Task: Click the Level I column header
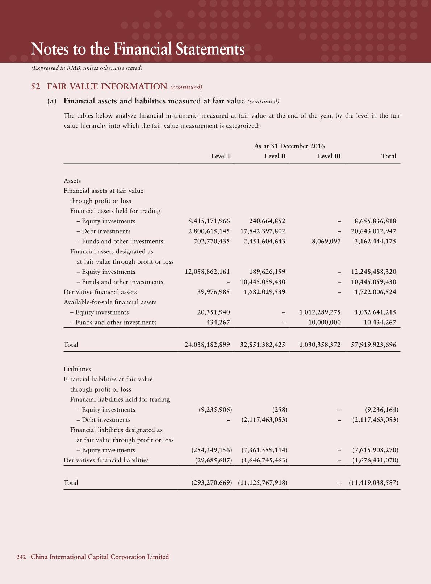(221, 156)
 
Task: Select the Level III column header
(329, 156)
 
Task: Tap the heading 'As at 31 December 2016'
(289, 146)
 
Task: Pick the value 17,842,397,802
(263, 231)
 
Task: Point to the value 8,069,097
(326, 241)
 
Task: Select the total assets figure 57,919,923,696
(373, 345)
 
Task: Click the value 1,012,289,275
(320, 312)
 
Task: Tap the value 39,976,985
(213, 292)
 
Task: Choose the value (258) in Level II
(280, 410)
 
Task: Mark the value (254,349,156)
(212, 450)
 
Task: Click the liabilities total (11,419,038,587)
(373, 483)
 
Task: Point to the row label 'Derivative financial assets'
(100, 292)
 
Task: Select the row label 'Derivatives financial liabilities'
(106, 460)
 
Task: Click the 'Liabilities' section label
(77, 369)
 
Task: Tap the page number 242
(21, 557)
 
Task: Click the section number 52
(35, 87)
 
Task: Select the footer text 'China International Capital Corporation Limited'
(100, 557)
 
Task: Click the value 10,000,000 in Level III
(324, 322)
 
